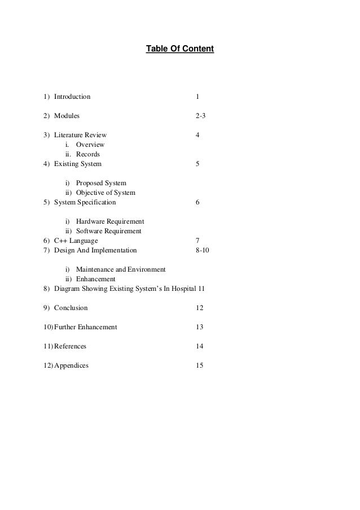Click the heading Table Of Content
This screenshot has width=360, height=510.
[x=180, y=50]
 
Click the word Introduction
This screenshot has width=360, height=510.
[x=72, y=97]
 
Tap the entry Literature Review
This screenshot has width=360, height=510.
[x=80, y=135]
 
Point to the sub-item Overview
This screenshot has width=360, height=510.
[x=90, y=145]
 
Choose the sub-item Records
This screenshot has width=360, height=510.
[x=88, y=154]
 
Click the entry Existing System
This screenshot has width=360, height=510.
[x=78, y=164]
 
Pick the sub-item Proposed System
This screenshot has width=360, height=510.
[x=101, y=183]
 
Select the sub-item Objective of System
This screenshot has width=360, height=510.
[x=106, y=193]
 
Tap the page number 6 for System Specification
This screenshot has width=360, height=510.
[x=197, y=202]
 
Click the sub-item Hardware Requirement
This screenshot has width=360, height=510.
[x=110, y=221]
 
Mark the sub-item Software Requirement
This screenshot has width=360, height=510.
[x=108, y=231]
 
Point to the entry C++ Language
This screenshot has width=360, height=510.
[x=76, y=241]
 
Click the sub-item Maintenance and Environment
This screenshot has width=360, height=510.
[x=120, y=269]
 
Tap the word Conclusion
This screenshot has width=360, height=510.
[x=71, y=308]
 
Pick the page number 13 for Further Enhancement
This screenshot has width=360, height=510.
[x=199, y=327]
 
